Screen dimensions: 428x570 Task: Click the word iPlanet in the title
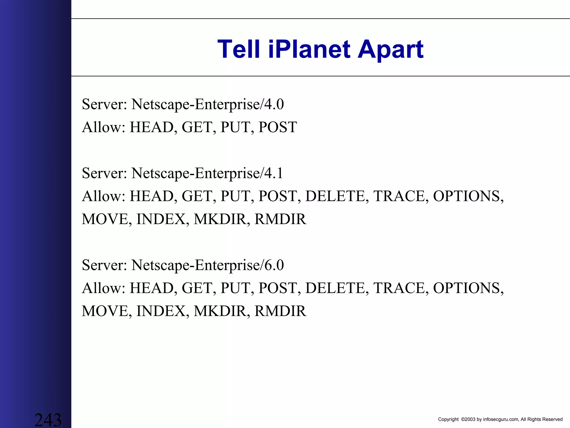tap(309, 50)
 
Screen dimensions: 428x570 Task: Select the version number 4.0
tap(274, 104)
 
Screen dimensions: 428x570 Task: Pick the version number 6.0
tap(274, 265)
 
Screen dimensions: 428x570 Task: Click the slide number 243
tap(48, 420)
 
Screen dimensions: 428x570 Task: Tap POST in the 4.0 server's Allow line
tap(277, 127)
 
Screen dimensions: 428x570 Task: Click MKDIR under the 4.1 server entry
tap(220, 219)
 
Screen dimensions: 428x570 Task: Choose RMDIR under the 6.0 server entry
tap(280, 311)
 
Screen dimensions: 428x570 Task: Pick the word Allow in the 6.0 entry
tap(104, 288)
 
